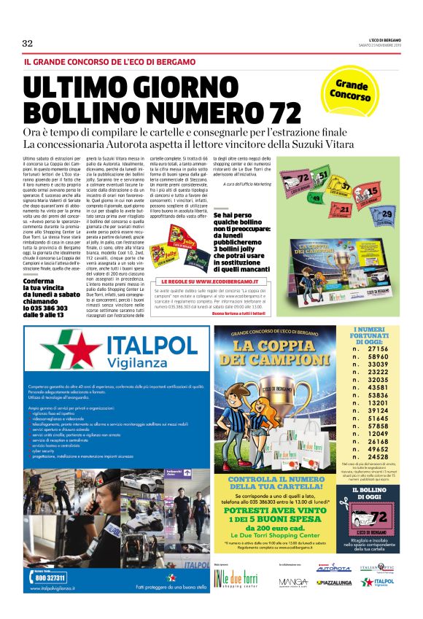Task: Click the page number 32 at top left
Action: [28, 43]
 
